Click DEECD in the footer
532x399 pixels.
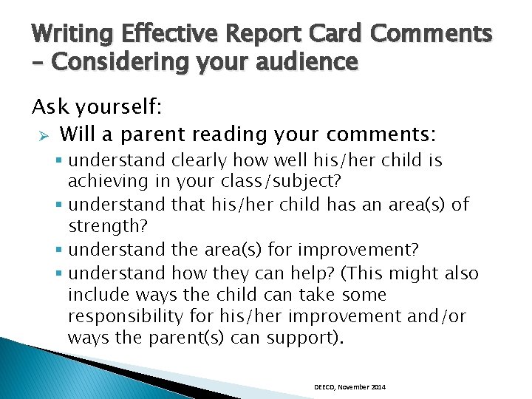tap(324, 387)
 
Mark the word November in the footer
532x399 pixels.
tap(354, 387)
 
